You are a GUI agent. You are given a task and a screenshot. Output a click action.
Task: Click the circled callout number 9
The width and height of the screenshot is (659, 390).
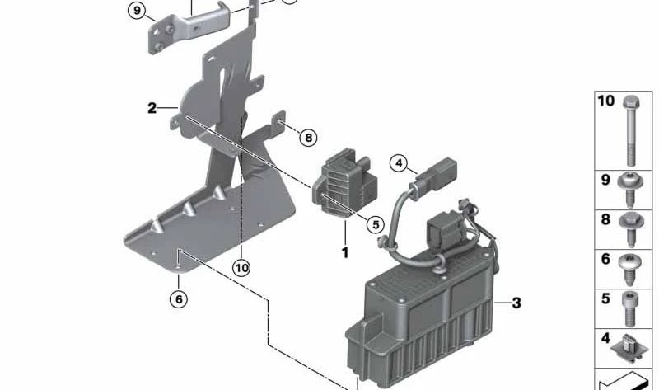coord(137,11)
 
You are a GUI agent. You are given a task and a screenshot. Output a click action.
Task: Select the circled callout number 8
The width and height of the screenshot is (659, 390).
coord(308,138)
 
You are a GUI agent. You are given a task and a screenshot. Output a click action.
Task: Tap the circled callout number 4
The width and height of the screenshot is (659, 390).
coord(399,162)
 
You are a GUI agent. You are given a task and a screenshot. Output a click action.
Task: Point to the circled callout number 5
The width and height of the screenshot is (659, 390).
coord(376,224)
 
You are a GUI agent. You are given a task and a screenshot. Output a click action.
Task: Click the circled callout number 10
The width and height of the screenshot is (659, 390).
coord(241,268)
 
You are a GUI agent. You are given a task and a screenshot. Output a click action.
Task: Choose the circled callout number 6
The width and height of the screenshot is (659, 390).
coord(179,299)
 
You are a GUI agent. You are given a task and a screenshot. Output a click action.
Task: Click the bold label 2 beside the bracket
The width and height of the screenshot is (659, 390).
coord(152,108)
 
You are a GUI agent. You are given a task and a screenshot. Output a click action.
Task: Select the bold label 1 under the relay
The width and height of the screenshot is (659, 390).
coord(345,253)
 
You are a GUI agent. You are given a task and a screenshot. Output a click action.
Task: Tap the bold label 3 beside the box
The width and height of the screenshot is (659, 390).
coord(516,303)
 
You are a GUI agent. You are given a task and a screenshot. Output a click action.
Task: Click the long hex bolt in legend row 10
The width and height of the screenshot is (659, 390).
coord(630,130)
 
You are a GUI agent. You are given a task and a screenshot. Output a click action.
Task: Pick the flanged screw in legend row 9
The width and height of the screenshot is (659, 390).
coord(629,190)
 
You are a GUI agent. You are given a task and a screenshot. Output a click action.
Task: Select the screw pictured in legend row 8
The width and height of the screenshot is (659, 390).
coord(630,229)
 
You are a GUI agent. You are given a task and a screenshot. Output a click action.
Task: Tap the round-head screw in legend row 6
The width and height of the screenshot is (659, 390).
coord(629,270)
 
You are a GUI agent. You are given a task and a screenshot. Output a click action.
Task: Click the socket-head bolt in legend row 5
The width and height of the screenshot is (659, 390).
coord(629,309)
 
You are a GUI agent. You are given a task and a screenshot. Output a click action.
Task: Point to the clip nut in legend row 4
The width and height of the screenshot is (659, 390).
coord(628,348)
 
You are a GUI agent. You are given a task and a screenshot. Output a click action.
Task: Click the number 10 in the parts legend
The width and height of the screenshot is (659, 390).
coord(605,101)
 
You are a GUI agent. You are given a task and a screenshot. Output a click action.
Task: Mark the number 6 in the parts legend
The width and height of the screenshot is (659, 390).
coord(605,259)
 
